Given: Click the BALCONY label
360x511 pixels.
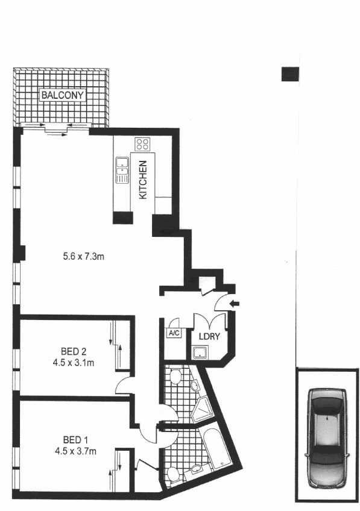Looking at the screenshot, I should [62, 95].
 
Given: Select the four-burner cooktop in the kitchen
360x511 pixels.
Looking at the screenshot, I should [142, 143].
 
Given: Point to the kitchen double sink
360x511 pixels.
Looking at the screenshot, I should [122, 170].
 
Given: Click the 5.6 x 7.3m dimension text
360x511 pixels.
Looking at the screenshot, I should [84, 257].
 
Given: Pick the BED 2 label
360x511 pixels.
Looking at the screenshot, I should [75, 351].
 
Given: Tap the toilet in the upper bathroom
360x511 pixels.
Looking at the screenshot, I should [174, 377].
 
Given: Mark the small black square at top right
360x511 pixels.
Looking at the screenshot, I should [291, 74].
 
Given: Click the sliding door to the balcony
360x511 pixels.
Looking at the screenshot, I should [57, 128].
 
